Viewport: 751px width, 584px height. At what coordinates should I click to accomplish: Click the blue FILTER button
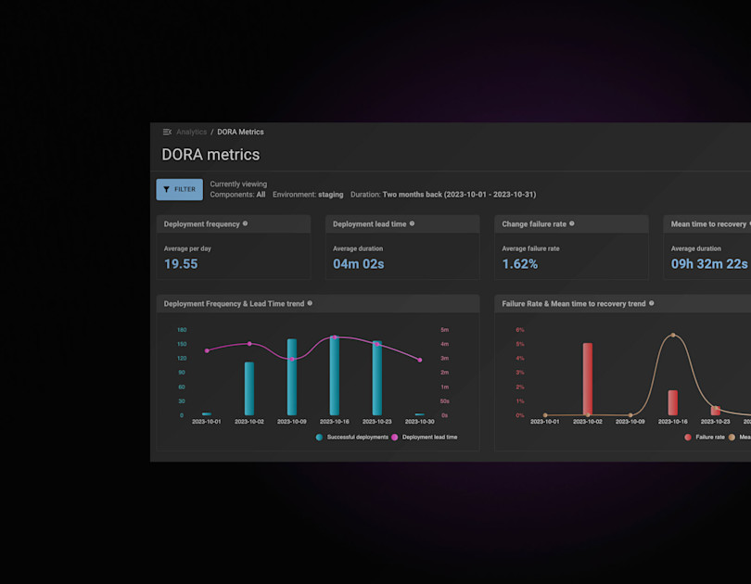[x=179, y=189]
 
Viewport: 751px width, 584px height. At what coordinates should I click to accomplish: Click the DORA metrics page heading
[x=210, y=155]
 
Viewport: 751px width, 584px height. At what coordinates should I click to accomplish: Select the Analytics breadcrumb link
[x=191, y=133]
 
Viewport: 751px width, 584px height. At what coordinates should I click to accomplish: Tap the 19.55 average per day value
[x=181, y=264]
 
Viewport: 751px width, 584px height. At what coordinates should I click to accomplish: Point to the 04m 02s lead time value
[x=358, y=264]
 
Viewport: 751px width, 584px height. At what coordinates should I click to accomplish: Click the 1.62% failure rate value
[x=519, y=264]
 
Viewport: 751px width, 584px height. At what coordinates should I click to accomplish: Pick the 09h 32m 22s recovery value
[x=709, y=264]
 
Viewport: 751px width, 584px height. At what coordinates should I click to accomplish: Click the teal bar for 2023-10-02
[x=249, y=388]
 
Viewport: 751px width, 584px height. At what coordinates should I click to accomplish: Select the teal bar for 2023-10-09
[x=292, y=376]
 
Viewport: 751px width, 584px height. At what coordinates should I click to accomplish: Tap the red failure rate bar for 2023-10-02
[x=588, y=378]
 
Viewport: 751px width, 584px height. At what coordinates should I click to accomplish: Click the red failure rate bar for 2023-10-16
[x=673, y=402]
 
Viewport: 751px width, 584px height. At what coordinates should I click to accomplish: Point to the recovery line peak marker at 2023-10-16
[x=673, y=335]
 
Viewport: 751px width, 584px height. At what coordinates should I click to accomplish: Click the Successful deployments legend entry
[x=352, y=437]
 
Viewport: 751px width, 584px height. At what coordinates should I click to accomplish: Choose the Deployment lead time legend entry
[x=426, y=437]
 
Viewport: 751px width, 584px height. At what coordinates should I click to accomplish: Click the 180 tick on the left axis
[x=182, y=330]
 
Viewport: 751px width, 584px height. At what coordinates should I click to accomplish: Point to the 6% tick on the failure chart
[x=520, y=330]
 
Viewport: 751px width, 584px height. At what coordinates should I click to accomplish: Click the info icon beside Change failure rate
[x=572, y=223]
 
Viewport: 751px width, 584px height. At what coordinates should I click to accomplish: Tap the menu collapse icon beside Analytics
[x=167, y=133]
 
